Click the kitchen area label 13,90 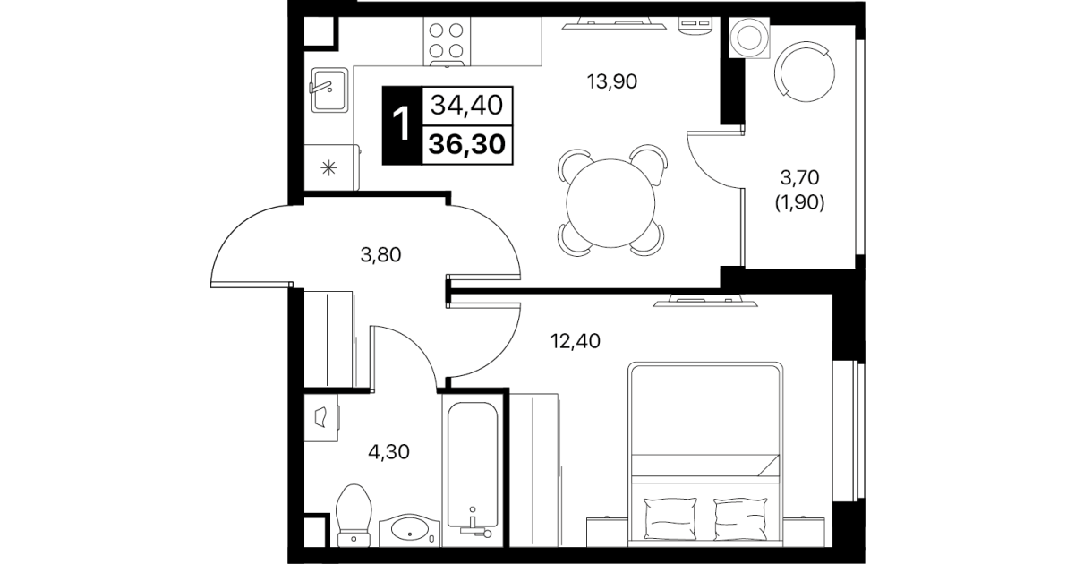click(612, 81)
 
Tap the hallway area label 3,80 click(380, 255)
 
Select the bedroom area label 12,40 click(575, 341)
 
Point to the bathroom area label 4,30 click(388, 452)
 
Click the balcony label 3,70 click(799, 178)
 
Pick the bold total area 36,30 click(467, 144)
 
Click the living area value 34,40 click(466, 105)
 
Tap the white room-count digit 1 click(401, 124)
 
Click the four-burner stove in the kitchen click(447, 41)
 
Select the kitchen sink click(329, 90)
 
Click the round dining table click(610, 203)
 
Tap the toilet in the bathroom click(354, 516)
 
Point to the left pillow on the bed click(670, 518)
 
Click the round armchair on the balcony click(805, 72)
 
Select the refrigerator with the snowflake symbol click(331, 167)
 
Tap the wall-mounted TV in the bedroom click(705, 301)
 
